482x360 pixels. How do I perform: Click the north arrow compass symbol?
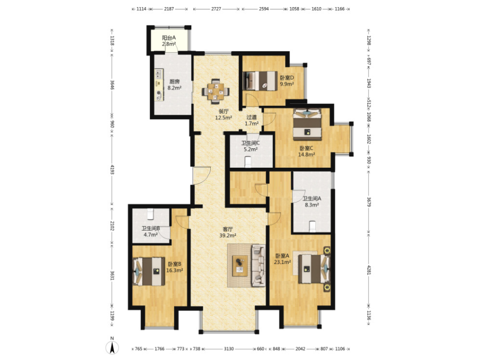pyautogui.click(x=112, y=347)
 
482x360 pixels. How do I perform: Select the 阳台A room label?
pyautogui.click(x=169, y=37)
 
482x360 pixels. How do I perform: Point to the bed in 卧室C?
pyautogui.click(x=307, y=124)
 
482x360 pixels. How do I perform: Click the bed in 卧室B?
pyautogui.click(x=149, y=272)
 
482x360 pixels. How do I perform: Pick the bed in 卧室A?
pyautogui.click(x=314, y=269)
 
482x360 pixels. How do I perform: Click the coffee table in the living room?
pyautogui.click(x=240, y=266)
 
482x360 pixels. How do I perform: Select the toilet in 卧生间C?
pyautogui.click(x=248, y=162)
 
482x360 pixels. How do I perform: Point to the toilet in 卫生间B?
pyautogui.click(x=150, y=214)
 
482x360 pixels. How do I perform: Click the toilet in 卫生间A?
pyautogui.click(x=313, y=227)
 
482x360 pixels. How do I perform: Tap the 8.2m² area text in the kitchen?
pyautogui.click(x=174, y=88)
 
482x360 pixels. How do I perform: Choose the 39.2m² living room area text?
pyautogui.click(x=228, y=236)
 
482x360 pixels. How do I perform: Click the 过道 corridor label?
pyautogui.click(x=251, y=117)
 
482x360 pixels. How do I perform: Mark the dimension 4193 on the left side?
pyautogui.click(x=112, y=170)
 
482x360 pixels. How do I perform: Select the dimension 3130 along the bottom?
pyautogui.click(x=229, y=349)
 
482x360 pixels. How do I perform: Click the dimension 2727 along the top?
pyautogui.click(x=216, y=9)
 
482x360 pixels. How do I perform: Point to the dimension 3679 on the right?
pyautogui.click(x=369, y=202)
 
